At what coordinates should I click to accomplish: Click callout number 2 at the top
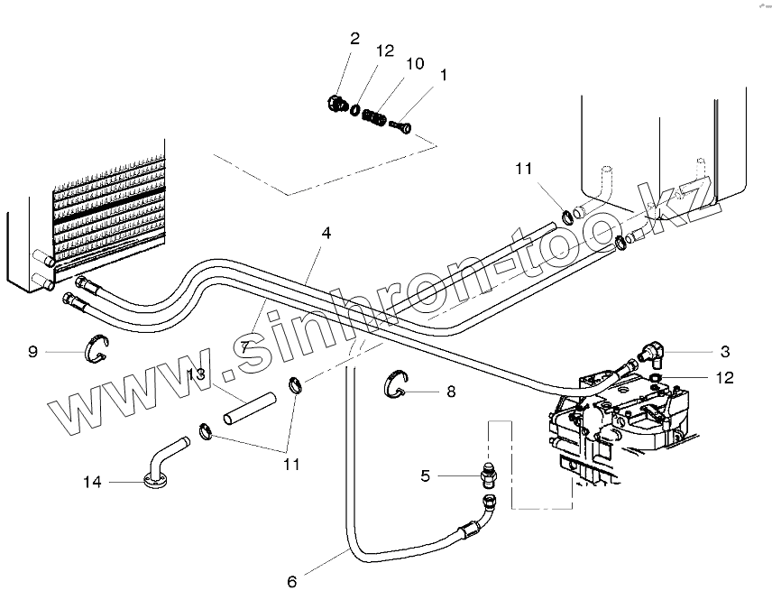pyautogui.click(x=354, y=38)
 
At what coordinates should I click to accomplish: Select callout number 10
pyautogui.click(x=414, y=64)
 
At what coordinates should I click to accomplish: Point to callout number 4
pyautogui.click(x=326, y=232)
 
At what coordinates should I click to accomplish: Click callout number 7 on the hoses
pyautogui.click(x=244, y=346)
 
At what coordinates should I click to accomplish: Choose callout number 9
pyautogui.click(x=32, y=351)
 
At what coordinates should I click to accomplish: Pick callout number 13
pyautogui.click(x=197, y=374)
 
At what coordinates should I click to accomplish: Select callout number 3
pyautogui.click(x=724, y=351)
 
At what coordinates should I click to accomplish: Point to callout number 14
pyautogui.click(x=92, y=482)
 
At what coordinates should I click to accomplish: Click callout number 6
pyautogui.click(x=291, y=582)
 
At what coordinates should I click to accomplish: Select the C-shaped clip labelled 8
pyautogui.click(x=392, y=383)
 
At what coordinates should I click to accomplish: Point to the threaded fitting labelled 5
pyautogui.click(x=486, y=472)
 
